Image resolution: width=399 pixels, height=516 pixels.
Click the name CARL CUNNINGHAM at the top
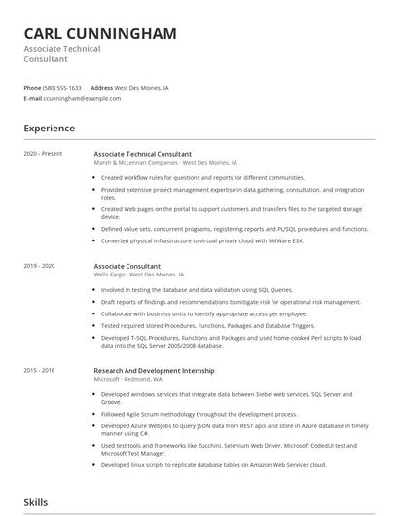coord(100,33)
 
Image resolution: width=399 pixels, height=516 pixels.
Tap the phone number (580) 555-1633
coord(62,88)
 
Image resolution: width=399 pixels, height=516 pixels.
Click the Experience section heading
coord(49,129)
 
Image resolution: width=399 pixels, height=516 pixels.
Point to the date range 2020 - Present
coord(44,154)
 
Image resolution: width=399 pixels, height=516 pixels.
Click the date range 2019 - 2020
coord(40,266)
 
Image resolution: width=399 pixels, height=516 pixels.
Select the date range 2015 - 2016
coord(40,371)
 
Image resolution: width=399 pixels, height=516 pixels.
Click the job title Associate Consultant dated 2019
coord(127,266)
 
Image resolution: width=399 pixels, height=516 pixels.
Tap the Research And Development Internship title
coord(154,371)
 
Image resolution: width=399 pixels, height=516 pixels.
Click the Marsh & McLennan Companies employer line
coord(165,162)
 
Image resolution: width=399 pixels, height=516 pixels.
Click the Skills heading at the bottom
coord(37,502)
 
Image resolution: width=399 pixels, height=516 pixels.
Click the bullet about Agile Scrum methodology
coord(199,413)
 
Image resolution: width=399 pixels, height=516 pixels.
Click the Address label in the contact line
coord(101,88)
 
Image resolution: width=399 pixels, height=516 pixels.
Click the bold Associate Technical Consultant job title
coord(142,154)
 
